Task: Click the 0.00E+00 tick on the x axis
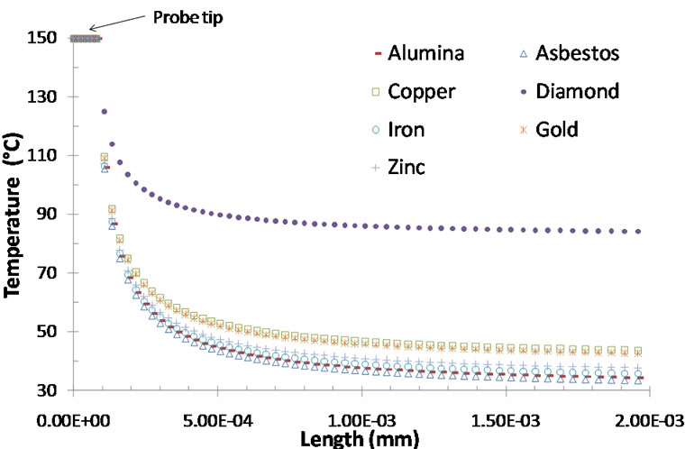(x=71, y=421)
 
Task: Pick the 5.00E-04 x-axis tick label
(x=216, y=421)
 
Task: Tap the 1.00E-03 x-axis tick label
(x=361, y=421)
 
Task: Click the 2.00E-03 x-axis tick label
(x=648, y=421)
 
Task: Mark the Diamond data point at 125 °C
(x=105, y=112)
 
